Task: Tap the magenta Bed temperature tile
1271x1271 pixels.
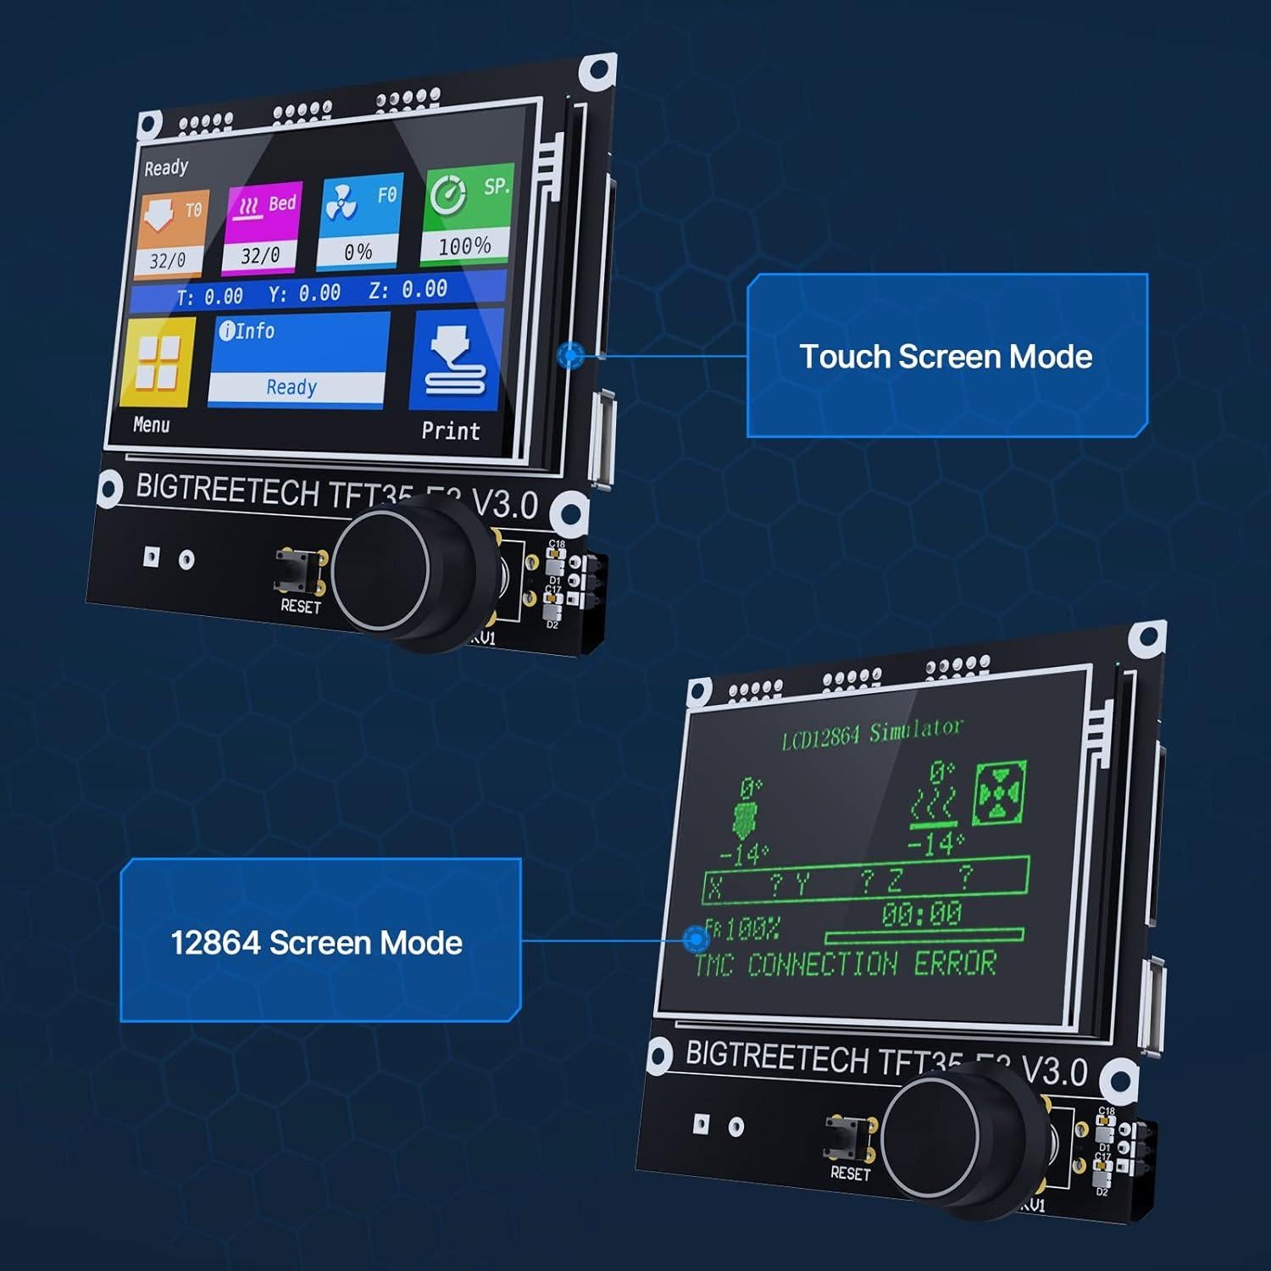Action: tap(263, 229)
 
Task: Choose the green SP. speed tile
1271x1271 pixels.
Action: tap(467, 215)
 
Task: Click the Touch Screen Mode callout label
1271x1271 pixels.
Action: tap(946, 356)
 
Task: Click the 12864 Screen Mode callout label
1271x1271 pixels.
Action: tap(317, 942)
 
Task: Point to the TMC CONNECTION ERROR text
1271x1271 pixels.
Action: tap(845, 964)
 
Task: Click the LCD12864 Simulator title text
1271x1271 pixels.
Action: tap(872, 734)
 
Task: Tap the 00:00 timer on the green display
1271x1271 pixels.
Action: tap(921, 913)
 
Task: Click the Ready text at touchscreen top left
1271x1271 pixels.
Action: tap(166, 168)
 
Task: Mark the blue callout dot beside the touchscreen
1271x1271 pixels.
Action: tap(571, 355)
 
